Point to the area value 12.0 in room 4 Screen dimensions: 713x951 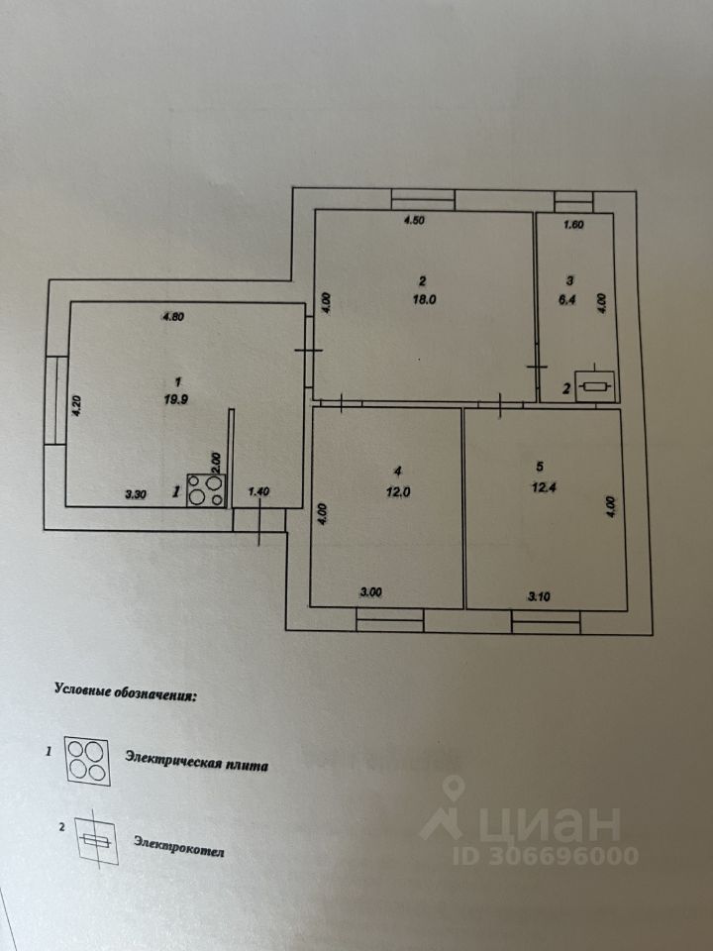[x=397, y=490]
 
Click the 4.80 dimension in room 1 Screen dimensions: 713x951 [x=174, y=317]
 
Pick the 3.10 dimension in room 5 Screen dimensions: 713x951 [x=541, y=595]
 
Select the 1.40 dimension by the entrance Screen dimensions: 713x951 [x=257, y=490]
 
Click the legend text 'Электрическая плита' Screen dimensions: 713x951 [x=196, y=760]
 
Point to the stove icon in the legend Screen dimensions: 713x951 [x=87, y=761]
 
